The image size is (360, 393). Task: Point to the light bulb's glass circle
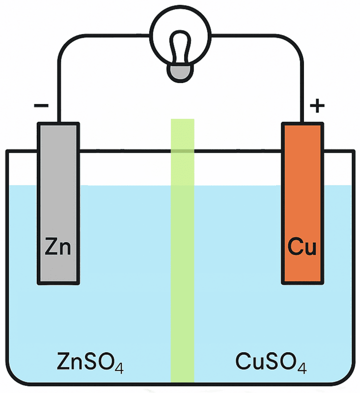tap(179, 34)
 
